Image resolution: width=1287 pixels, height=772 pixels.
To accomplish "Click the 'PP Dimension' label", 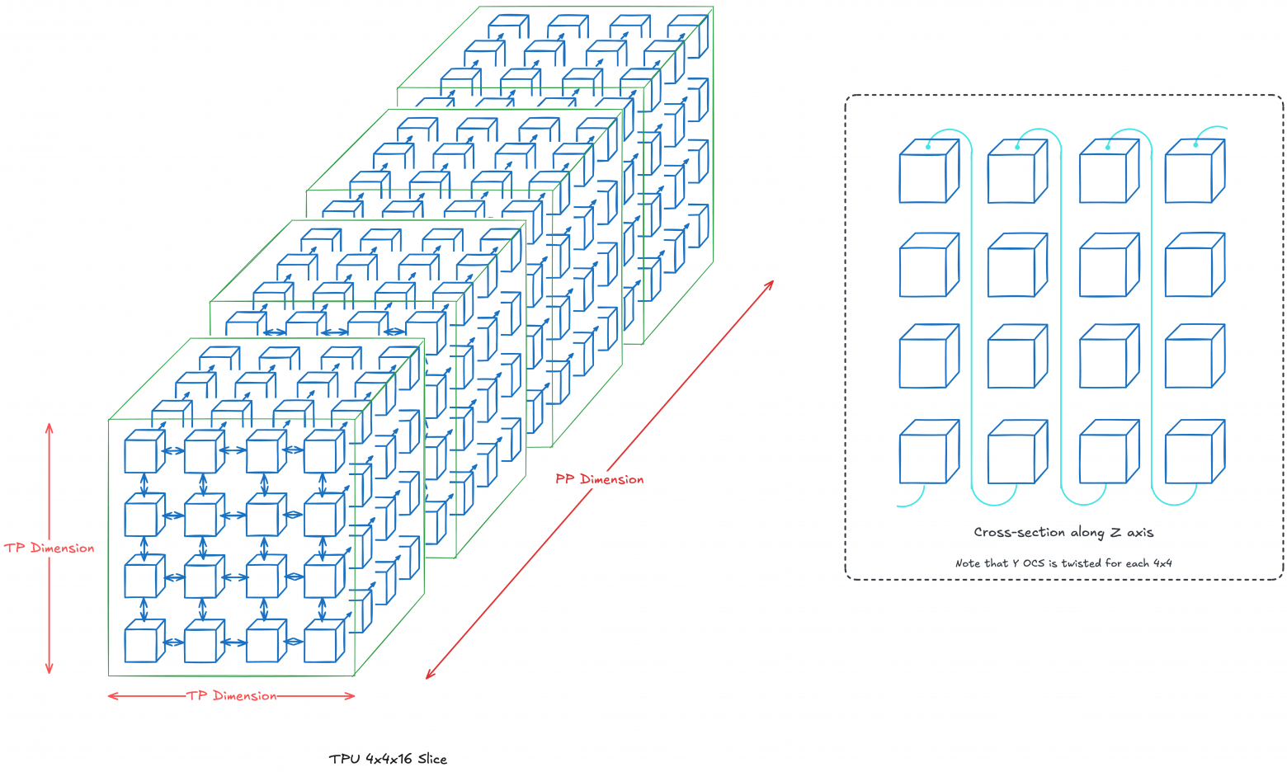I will pos(599,479).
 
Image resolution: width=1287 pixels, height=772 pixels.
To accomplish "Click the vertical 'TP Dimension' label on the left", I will pos(49,548).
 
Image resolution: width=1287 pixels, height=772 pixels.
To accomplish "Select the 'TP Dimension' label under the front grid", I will pos(232,696).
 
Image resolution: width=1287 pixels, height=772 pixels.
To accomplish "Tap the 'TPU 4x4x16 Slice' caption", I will pos(388,759).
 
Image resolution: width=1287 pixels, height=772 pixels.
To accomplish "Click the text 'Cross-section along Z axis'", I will pos(1063,533).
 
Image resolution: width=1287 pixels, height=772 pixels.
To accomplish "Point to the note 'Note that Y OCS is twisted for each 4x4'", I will pos(1063,563).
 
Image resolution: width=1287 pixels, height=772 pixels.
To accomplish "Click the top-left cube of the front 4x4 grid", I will pos(142,453).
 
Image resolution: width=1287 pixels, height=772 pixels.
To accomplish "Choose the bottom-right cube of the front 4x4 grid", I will pos(323,643).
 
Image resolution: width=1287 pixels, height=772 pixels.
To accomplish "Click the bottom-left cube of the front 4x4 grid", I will pos(142,643).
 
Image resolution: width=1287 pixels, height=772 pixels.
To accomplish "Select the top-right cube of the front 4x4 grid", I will pos(323,453).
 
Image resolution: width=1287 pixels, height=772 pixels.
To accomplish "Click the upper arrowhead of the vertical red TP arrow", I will pos(49,426).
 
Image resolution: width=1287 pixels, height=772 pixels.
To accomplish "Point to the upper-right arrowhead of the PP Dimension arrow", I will pos(771,284).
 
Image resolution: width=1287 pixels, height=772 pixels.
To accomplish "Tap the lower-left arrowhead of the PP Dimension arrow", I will pos(428,675).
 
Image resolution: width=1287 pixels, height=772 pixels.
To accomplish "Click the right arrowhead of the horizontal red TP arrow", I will pos(351,696).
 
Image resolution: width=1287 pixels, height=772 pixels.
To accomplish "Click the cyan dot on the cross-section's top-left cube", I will pos(928,147).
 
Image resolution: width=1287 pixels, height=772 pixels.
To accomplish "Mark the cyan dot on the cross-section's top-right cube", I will pos(1195,145).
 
